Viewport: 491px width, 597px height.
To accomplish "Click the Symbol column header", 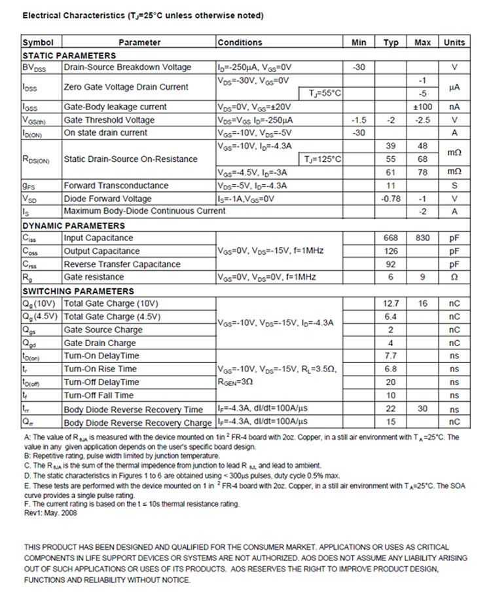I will tap(38, 43).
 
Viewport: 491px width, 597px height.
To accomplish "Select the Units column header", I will tap(454, 43).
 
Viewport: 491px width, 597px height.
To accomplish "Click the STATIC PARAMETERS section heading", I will tap(69, 56).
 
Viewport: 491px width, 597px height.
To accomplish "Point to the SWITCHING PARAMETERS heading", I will tap(78, 291).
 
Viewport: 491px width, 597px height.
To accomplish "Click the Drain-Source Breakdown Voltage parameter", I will tap(128, 67).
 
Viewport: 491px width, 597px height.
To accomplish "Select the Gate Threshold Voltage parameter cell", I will tap(109, 120).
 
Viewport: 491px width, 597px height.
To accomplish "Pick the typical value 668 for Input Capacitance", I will tap(390, 238).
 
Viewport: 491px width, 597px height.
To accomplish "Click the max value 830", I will tap(422, 238).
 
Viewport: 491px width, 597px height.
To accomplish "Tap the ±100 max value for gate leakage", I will tap(422, 107).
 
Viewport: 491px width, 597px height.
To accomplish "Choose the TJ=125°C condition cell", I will tap(323, 159).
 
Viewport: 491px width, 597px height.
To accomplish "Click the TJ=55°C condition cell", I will tap(325, 94).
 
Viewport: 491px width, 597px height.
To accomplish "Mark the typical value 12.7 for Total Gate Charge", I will tap(390, 303).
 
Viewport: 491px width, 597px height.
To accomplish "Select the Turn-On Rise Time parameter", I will tap(100, 369).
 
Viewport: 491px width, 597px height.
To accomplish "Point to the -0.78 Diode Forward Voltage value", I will tap(390, 199).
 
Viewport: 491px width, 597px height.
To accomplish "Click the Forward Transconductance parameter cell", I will tap(116, 185).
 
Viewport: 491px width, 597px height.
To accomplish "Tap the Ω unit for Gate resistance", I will tap(454, 277).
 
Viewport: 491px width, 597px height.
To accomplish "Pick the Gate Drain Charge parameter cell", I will tap(100, 343).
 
